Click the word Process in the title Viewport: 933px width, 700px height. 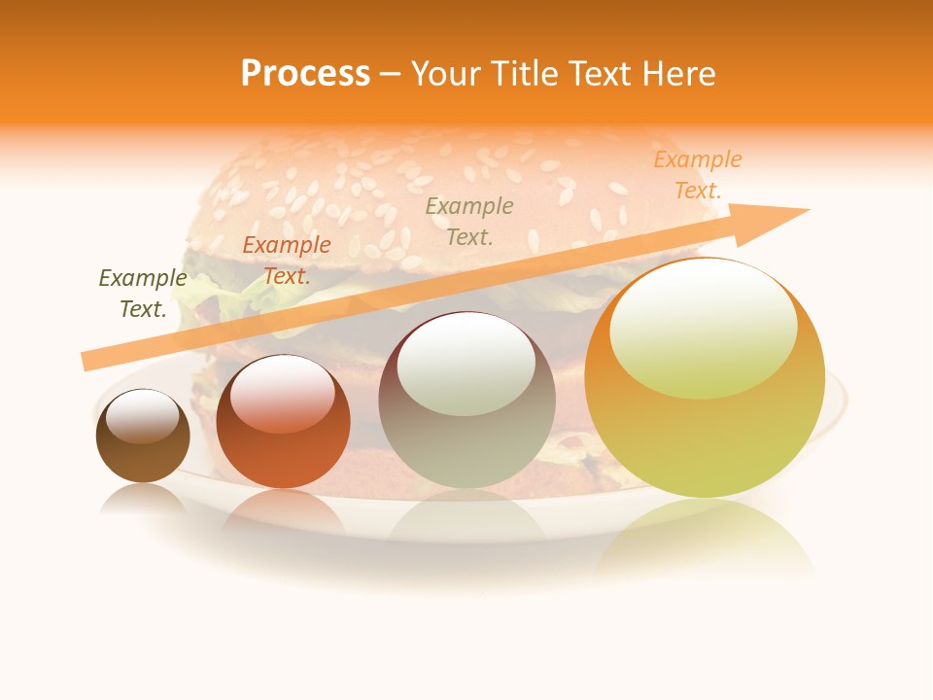(x=305, y=74)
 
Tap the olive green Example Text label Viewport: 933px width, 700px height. (x=143, y=294)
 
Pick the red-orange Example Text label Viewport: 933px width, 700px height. (x=287, y=261)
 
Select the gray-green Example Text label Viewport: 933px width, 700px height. (x=469, y=221)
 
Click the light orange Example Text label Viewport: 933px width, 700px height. (x=698, y=175)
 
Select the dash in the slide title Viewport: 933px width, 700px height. (x=391, y=74)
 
